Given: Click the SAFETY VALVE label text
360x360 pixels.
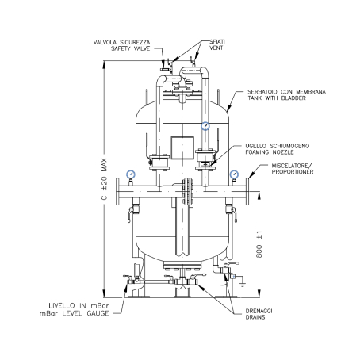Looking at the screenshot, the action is pyautogui.click(x=130, y=48).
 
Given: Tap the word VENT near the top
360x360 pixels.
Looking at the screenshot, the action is pyautogui.click(x=216, y=48).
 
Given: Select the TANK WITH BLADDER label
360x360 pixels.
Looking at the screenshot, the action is pyautogui.click(x=277, y=98).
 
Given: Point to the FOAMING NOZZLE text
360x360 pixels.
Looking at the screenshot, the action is pyautogui.click(x=270, y=152).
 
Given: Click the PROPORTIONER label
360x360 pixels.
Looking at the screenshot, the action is pyautogui.click(x=293, y=172).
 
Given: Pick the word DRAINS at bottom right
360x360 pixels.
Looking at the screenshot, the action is pyautogui.click(x=255, y=317).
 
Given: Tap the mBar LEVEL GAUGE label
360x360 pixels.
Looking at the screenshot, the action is pyautogui.click(x=74, y=313).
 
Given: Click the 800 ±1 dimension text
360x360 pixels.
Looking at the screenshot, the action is pyautogui.click(x=259, y=244).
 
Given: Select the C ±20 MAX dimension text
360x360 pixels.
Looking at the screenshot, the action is pyautogui.click(x=105, y=179).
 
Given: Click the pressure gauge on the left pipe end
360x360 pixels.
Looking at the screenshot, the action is pyautogui.click(x=131, y=174).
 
